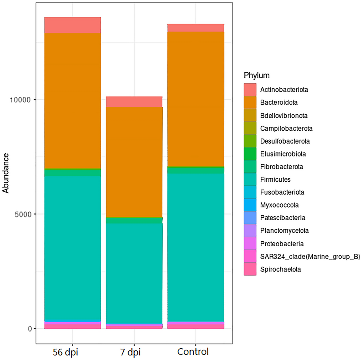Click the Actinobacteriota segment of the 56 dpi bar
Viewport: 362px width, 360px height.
[x=73, y=25]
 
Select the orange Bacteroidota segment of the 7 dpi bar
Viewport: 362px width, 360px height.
[x=134, y=162]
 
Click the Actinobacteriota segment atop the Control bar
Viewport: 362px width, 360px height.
[x=196, y=28]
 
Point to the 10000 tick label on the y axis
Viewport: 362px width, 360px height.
[x=20, y=100]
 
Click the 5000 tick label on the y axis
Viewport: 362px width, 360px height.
[x=23, y=214]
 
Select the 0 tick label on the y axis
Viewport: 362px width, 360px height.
[x=30, y=329]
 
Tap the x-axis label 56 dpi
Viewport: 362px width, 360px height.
[x=65, y=352]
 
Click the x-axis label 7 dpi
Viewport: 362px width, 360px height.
[x=130, y=352]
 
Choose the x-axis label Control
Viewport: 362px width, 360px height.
[x=193, y=351]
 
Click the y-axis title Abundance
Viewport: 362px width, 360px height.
[x=6, y=173]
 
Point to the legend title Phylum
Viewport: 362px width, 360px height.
[x=256, y=75]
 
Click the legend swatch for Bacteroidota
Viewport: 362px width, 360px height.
[x=250, y=103]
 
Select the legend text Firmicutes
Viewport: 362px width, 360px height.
[x=275, y=179]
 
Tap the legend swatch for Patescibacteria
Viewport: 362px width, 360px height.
[x=250, y=218]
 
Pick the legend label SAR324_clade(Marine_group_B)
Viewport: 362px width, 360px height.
[x=310, y=256]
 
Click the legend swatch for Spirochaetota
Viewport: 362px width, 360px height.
[x=250, y=269]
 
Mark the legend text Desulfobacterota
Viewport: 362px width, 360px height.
[x=285, y=141]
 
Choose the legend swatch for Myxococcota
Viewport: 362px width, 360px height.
[x=250, y=205]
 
